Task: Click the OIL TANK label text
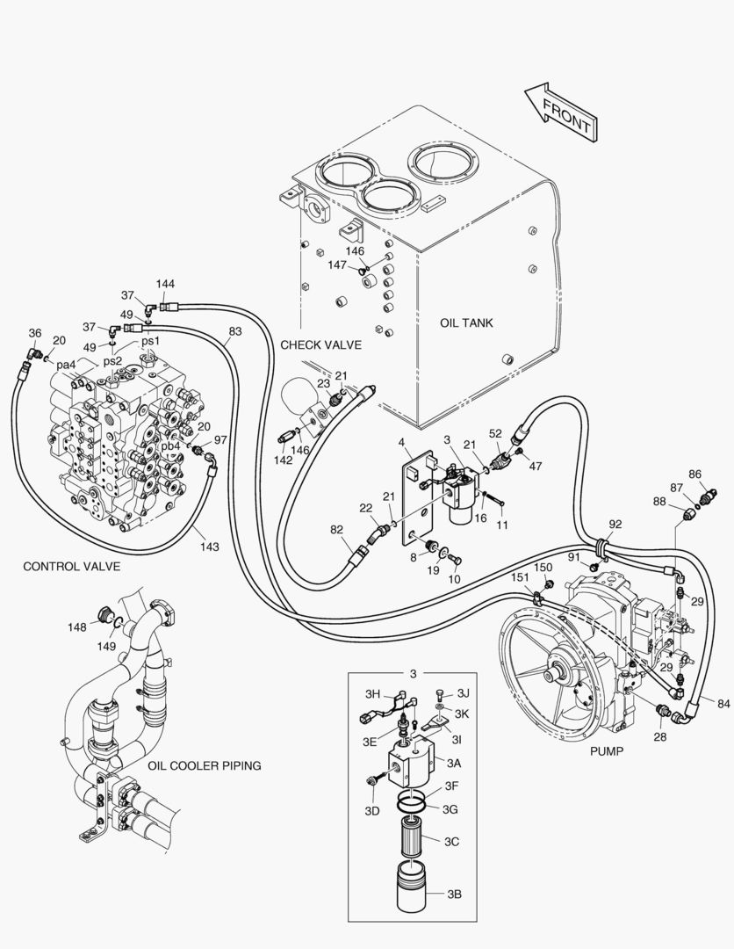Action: (466, 323)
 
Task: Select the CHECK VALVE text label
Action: (320, 345)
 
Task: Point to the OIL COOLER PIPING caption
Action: (204, 765)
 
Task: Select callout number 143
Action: (208, 546)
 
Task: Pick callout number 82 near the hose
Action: (336, 530)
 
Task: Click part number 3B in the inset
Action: (453, 895)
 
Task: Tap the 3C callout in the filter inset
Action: (451, 841)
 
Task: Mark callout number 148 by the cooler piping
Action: (77, 627)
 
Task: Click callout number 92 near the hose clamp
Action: (615, 525)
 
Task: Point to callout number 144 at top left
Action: (166, 284)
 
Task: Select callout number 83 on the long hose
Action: (235, 331)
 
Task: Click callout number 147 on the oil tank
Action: (337, 264)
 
